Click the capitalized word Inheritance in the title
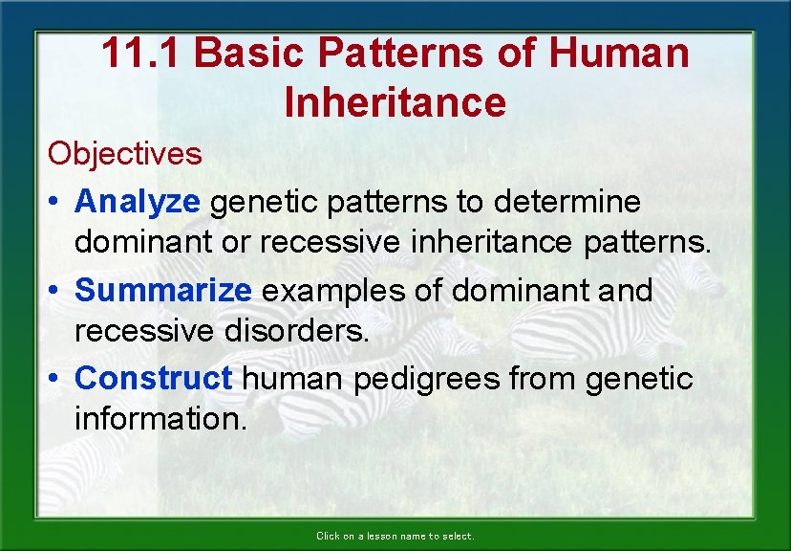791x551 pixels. [395, 102]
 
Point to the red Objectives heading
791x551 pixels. [125, 153]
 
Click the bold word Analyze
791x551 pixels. [138, 202]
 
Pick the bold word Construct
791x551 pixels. [153, 378]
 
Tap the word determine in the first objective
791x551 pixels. [571, 202]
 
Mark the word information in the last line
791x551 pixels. [160, 421]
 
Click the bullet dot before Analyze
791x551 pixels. [55, 203]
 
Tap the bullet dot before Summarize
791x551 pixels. [55, 291]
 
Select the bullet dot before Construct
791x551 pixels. [55, 379]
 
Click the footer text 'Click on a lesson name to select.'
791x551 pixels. [395, 537]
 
